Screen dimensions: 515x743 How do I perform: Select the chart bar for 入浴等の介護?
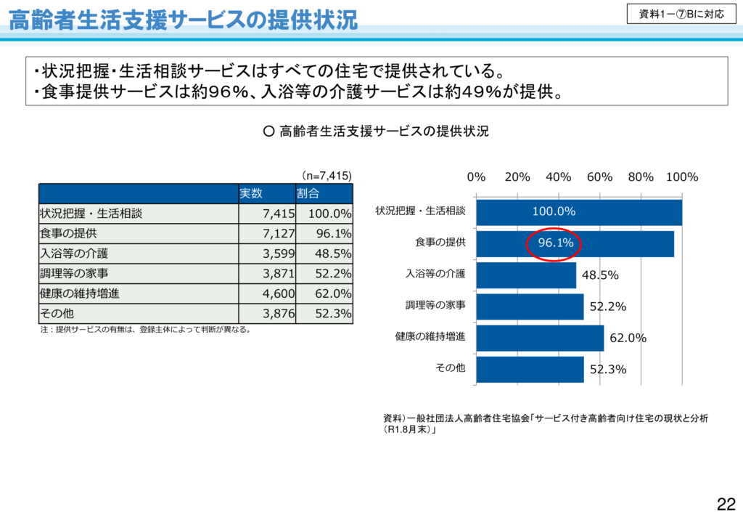526,275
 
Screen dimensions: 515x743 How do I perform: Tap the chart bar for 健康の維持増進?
540,337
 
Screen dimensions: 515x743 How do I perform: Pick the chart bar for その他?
530,369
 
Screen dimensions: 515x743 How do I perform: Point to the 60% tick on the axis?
599,177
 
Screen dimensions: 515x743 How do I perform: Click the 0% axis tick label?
476,177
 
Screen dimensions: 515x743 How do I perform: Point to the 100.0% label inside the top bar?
554,211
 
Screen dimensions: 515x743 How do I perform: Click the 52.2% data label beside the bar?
607,307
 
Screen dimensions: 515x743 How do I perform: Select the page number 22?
726,504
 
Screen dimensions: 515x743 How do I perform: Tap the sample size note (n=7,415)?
327,175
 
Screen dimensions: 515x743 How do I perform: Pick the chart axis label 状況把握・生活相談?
420,211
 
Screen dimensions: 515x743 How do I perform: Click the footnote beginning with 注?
145,330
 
